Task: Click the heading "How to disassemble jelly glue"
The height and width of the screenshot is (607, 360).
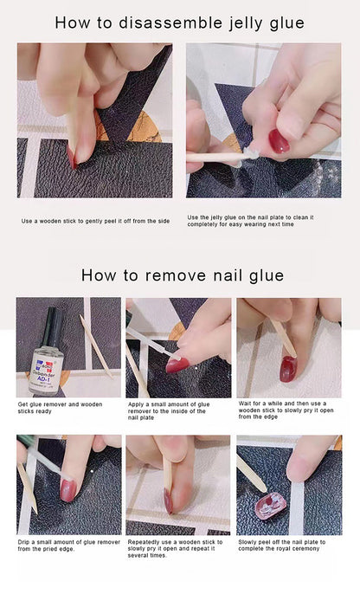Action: tap(179, 22)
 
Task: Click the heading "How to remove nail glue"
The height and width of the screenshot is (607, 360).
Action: tap(182, 275)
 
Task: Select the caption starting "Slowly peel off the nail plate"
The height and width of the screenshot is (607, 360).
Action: tap(282, 546)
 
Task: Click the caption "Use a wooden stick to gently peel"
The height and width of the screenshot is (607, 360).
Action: tap(95, 221)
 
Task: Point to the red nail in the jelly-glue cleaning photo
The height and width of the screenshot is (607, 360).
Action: tap(279, 140)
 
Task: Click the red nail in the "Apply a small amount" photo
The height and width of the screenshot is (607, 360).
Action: tap(177, 365)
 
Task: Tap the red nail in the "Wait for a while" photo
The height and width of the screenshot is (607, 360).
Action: tap(288, 367)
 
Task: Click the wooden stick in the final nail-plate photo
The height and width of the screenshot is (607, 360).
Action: tap(250, 474)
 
